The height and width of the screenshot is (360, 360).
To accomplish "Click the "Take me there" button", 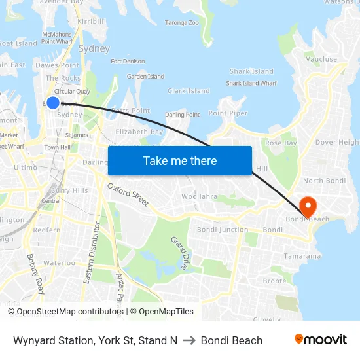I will [x=180, y=160].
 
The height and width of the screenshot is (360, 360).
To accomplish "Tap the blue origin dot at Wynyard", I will [x=53, y=103].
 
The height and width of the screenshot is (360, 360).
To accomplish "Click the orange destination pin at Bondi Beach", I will [x=306, y=207].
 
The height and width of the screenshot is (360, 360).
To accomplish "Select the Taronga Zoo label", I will [x=181, y=22].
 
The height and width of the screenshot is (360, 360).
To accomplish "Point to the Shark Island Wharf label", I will [x=251, y=83].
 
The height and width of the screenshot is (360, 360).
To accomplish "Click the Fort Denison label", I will [x=128, y=62].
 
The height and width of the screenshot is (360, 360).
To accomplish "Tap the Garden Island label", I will [x=145, y=77].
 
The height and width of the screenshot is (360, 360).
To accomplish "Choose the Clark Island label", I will [x=189, y=91].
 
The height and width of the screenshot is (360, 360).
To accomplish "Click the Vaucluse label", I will [x=321, y=59].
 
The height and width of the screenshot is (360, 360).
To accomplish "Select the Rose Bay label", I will [x=281, y=143].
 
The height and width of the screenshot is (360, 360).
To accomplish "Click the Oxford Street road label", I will [x=128, y=194].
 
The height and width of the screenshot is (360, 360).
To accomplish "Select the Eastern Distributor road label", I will [x=91, y=252].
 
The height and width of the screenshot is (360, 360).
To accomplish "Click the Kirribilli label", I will [x=92, y=22].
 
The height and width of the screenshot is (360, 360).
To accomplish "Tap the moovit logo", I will [x=320, y=340].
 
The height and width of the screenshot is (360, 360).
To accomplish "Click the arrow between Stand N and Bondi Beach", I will [x=189, y=340].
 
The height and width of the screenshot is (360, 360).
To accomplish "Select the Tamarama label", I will [x=302, y=256].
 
